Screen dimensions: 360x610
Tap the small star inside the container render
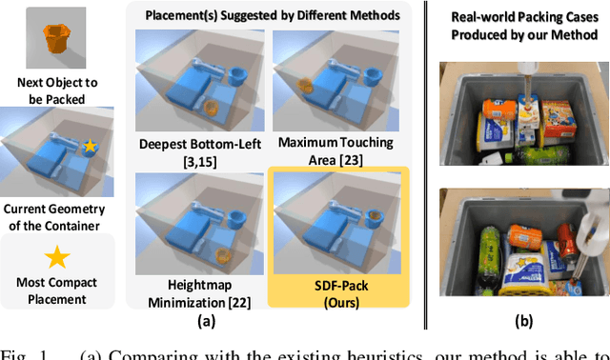tap(90, 146)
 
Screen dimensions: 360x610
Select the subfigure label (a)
tap(262, 322)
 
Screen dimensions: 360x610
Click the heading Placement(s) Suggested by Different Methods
tap(264, 15)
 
